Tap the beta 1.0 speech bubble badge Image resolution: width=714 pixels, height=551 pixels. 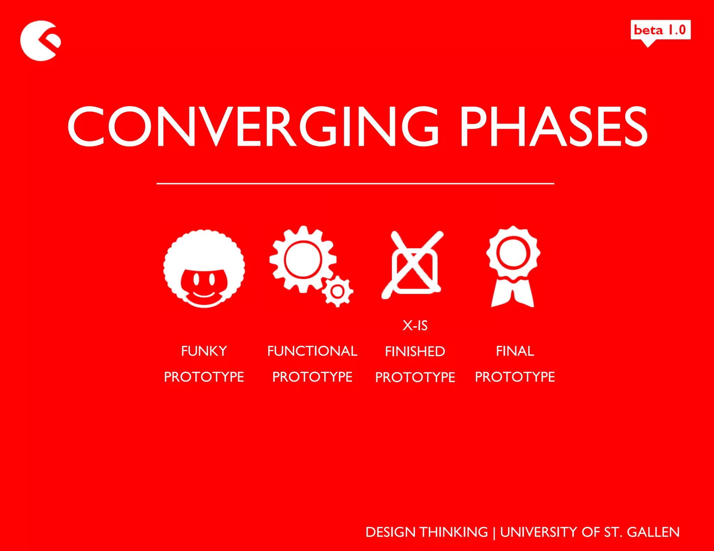point(660,30)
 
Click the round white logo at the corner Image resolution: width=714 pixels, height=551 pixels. point(39,41)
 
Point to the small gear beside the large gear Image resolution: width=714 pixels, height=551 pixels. point(337,292)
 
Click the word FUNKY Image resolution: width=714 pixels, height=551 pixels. point(204,351)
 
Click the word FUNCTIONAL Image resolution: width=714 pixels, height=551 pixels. point(312,351)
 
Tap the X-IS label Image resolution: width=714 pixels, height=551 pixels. point(415,325)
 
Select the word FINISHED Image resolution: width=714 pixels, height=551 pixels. point(415,351)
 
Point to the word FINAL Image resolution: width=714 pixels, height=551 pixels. point(515,351)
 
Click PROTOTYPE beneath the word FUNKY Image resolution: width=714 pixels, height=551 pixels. point(204,377)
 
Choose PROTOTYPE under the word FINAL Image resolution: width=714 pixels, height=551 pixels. point(515,377)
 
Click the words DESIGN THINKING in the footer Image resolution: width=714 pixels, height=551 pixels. point(426,532)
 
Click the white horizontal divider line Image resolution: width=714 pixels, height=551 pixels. point(355,183)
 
